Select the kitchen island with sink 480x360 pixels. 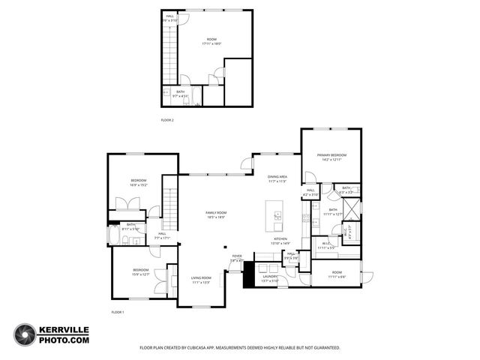point(275,217)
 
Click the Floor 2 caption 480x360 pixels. point(167,120)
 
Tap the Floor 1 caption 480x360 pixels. point(118,311)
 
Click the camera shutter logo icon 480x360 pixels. point(24,335)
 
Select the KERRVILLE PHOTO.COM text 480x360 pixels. point(64,335)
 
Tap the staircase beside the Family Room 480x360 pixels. point(170,211)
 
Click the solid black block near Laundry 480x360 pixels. point(248,274)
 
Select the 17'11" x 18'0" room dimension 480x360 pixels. point(212,43)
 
